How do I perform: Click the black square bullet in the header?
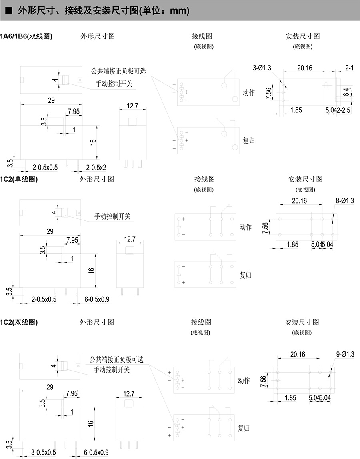(x=9, y=10)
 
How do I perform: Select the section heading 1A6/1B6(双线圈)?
(x=26, y=36)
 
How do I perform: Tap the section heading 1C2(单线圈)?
(x=19, y=179)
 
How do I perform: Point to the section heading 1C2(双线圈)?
(x=19, y=322)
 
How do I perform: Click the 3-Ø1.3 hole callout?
(x=262, y=68)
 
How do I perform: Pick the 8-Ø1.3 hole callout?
(x=345, y=201)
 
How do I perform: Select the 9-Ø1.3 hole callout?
(x=345, y=354)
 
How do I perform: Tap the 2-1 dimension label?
(x=349, y=68)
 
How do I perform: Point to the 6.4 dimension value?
(x=346, y=92)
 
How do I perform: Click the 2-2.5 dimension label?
(x=343, y=110)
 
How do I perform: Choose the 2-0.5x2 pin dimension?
(x=96, y=168)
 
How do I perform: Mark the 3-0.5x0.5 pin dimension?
(x=43, y=452)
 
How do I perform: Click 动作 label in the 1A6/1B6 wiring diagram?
(x=249, y=92)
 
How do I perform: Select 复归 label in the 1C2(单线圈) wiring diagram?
(x=246, y=275)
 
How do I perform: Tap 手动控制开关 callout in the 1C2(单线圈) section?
(x=112, y=216)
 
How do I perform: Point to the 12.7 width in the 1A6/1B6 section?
(x=132, y=106)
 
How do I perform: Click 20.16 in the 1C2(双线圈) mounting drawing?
(x=298, y=355)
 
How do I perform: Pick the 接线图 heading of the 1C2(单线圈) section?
(x=204, y=179)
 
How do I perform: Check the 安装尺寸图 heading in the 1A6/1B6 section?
(x=302, y=36)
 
